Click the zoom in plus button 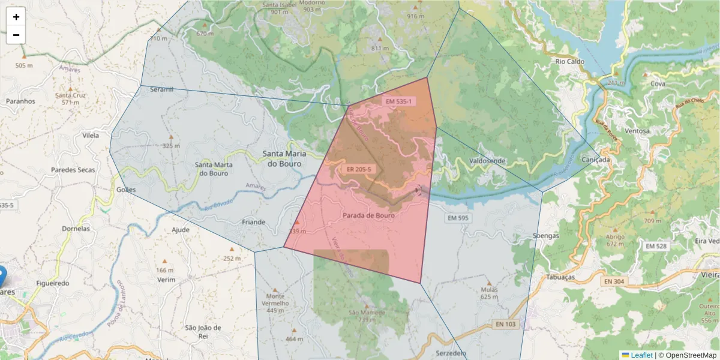click(x=16, y=17)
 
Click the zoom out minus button click(x=16, y=35)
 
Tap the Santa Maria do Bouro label click(x=284, y=158)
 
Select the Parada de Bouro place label click(x=368, y=215)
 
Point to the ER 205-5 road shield click(x=359, y=169)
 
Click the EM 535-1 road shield click(x=398, y=101)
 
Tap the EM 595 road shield click(x=457, y=218)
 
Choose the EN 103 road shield click(x=506, y=324)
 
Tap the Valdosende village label click(x=487, y=161)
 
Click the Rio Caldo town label click(x=570, y=61)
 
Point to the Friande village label click(x=253, y=222)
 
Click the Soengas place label click(x=546, y=236)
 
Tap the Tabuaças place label click(x=560, y=277)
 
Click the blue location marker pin click(x=2, y=275)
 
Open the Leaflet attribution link click(x=641, y=355)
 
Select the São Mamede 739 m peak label click(x=362, y=316)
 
